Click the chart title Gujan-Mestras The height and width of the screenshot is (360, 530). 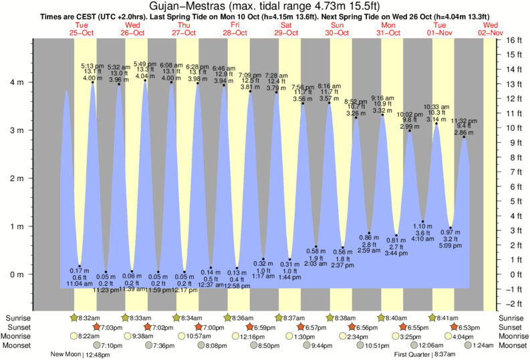201,7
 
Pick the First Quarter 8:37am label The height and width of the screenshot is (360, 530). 428,355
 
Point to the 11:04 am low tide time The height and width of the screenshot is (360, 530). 80,285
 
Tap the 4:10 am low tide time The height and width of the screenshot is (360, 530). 424,238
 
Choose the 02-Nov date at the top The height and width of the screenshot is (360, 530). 491,32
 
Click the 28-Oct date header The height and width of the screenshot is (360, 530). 235,32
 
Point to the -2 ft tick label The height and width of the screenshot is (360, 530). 513,304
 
